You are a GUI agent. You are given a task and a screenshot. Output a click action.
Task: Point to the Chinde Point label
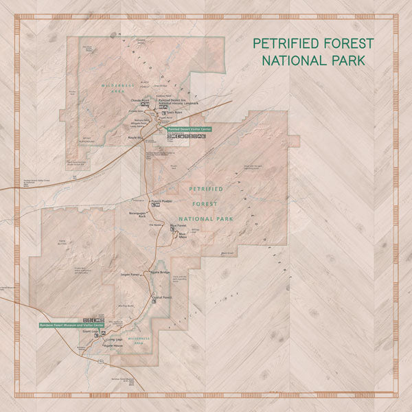tap(139, 100)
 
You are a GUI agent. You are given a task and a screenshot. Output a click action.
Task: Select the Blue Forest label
tap(178, 225)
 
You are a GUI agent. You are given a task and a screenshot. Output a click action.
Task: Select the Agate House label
tap(112, 345)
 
